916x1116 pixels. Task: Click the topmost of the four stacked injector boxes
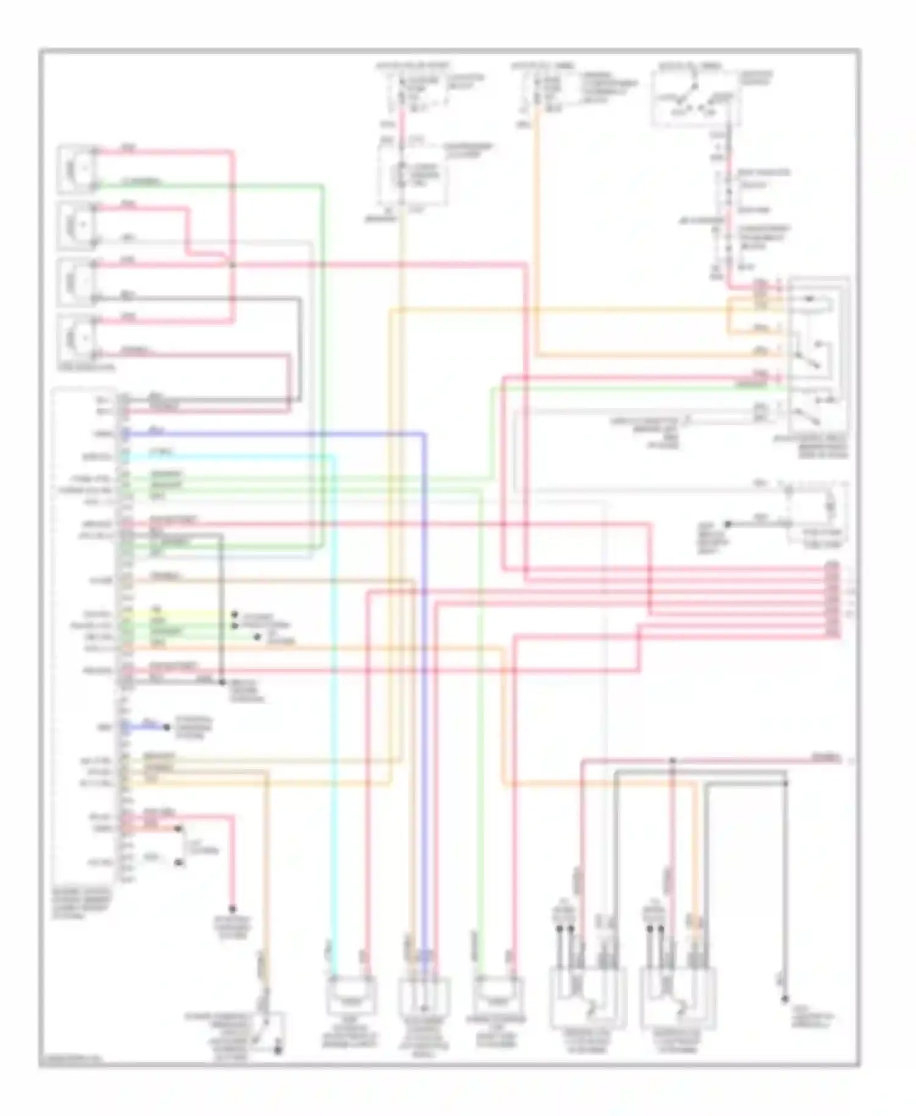(77, 168)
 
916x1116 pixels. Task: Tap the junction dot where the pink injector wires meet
(233, 265)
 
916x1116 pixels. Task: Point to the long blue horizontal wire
(275, 434)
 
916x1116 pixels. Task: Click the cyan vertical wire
(334, 702)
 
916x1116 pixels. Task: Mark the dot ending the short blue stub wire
(166, 727)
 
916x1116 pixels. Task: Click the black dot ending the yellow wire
(234, 615)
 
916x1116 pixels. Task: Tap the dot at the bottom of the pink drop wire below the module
(232, 909)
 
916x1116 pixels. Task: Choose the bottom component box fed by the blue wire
(424, 996)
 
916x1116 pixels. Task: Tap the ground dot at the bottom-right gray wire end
(785, 1000)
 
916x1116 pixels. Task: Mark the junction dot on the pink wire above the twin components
(672, 761)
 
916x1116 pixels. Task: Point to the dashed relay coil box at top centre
(413, 176)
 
